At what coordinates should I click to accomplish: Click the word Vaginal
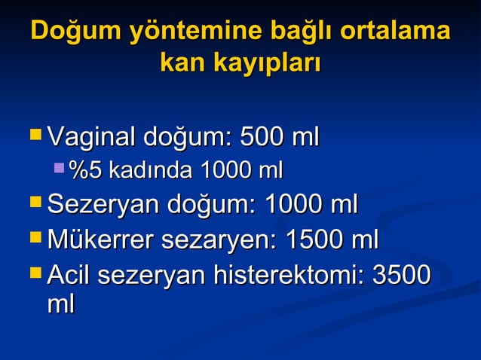click(89, 138)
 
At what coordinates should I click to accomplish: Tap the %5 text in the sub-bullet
click(84, 170)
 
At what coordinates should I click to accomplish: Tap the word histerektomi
click(290, 276)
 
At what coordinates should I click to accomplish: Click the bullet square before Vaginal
click(35, 136)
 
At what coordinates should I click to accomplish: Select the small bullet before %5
click(60, 169)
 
